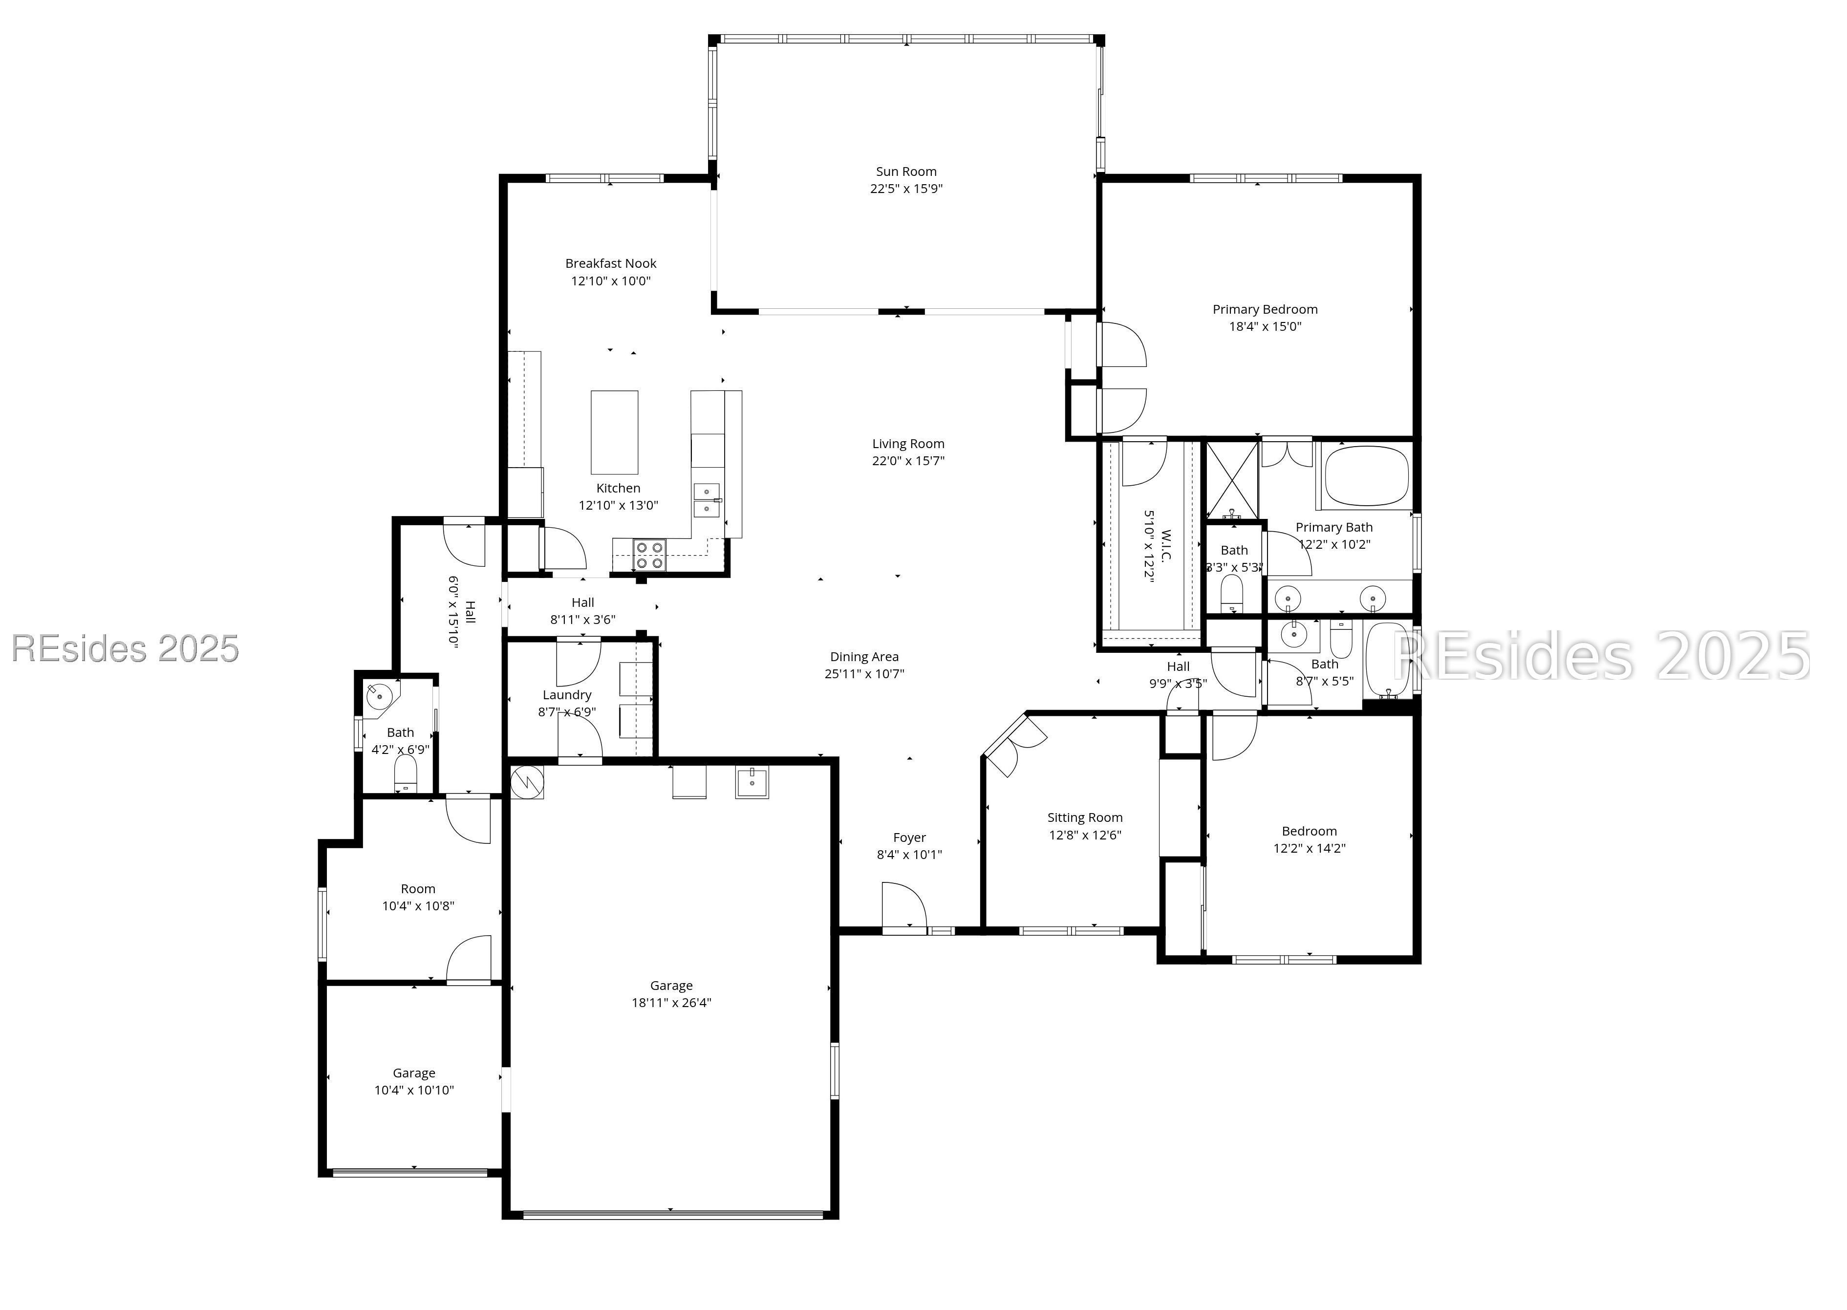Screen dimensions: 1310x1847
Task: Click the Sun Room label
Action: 906,171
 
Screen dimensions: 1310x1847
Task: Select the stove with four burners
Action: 649,555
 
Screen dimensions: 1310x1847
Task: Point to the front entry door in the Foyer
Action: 903,907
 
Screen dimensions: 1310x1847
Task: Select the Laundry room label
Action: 566,694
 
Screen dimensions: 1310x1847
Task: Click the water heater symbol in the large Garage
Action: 527,782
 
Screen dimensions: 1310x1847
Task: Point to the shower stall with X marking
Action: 1231,480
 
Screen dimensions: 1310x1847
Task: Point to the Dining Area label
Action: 864,657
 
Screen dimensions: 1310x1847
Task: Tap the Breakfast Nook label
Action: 611,263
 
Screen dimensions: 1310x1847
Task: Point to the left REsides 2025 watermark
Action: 125,648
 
